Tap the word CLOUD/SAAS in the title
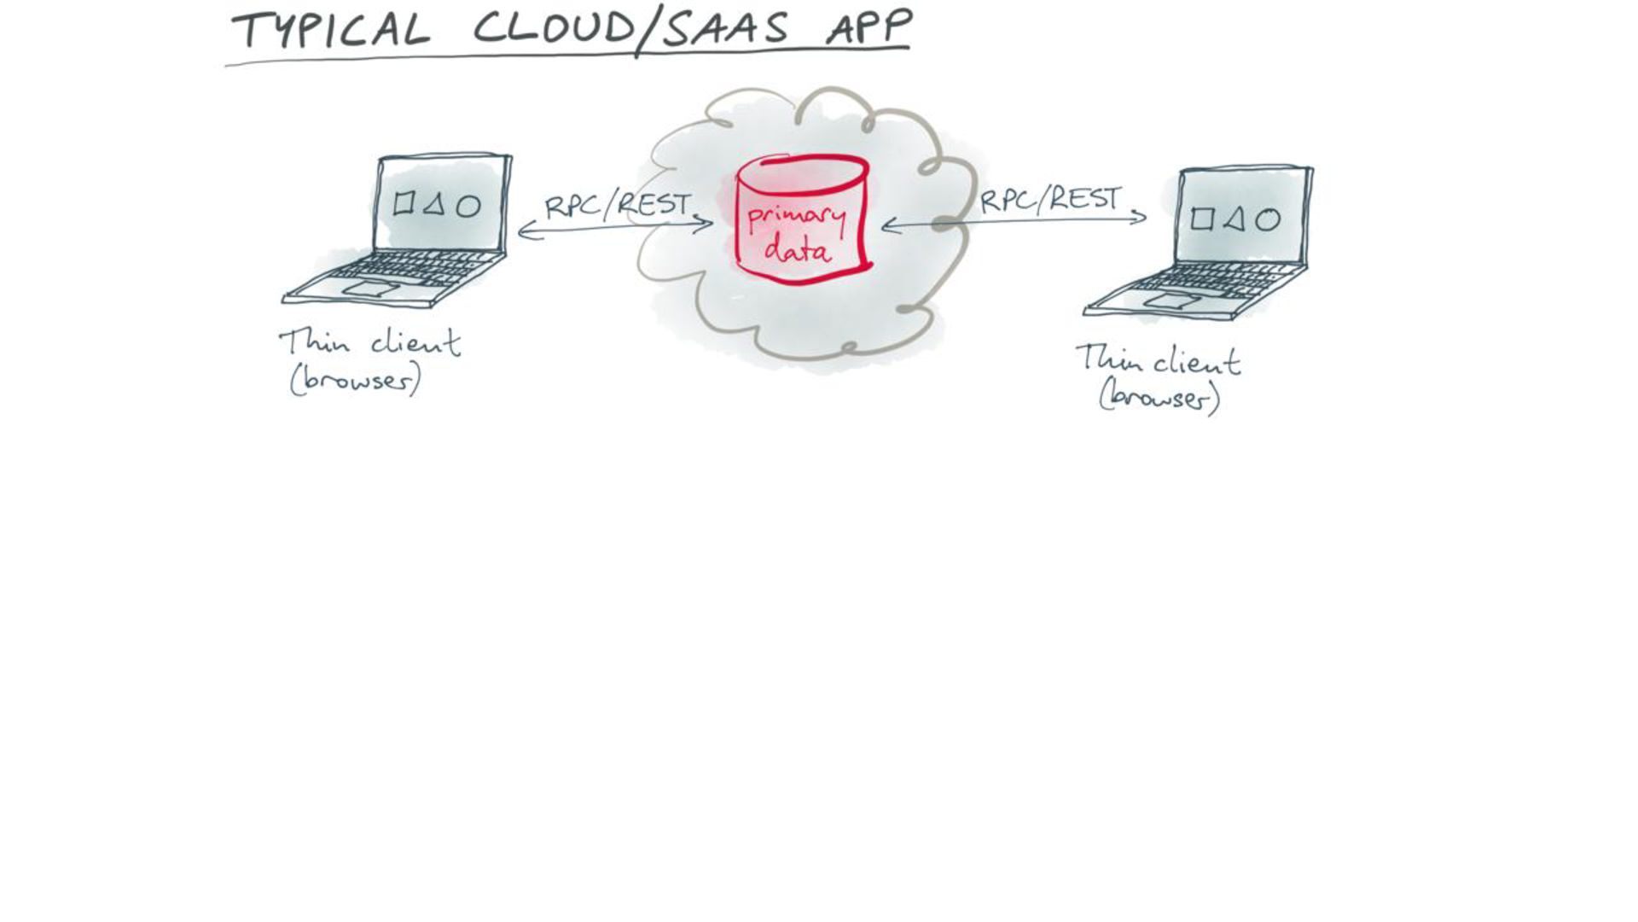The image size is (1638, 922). [x=631, y=29]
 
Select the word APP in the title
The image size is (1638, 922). [x=868, y=27]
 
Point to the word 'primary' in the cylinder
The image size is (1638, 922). [x=795, y=219]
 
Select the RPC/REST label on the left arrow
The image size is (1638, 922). [x=617, y=205]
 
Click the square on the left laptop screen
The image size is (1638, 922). [x=404, y=203]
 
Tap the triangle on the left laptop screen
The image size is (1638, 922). [x=435, y=204]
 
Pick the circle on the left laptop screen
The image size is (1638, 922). [x=468, y=207]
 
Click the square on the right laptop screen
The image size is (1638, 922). [x=1201, y=219]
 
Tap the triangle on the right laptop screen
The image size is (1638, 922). [x=1234, y=219]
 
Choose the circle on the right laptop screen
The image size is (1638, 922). [x=1268, y=220]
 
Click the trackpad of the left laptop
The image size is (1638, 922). [x=369, y=289]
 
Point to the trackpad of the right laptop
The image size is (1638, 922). [x=1172, y=301]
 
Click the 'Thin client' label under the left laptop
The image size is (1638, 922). [x=369, y=343]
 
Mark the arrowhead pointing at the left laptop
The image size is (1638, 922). [x=523, y=230]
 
